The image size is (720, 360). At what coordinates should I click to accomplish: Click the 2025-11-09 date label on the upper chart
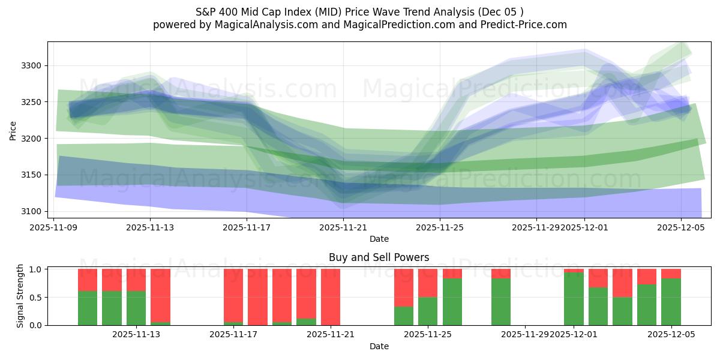(54, 227)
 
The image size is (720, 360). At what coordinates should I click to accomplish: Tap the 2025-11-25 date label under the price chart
(440, 227)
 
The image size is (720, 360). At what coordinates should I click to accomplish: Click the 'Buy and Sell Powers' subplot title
(379, 257)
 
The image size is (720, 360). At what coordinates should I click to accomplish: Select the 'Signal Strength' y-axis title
(20, 296)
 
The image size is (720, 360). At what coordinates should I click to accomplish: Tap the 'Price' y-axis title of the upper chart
(13, 130)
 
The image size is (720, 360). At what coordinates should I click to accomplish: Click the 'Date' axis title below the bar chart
(379, 346)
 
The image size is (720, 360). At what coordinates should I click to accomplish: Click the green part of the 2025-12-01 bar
(574, 299)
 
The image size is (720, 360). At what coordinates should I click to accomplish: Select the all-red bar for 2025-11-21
(331, 297)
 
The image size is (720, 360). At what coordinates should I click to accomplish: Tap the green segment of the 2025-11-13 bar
(136, 308)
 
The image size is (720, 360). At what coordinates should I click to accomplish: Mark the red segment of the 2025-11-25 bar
(428, 283)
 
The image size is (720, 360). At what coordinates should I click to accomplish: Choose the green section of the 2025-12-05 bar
(671, 302)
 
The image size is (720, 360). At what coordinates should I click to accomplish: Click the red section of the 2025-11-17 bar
(233, 295)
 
